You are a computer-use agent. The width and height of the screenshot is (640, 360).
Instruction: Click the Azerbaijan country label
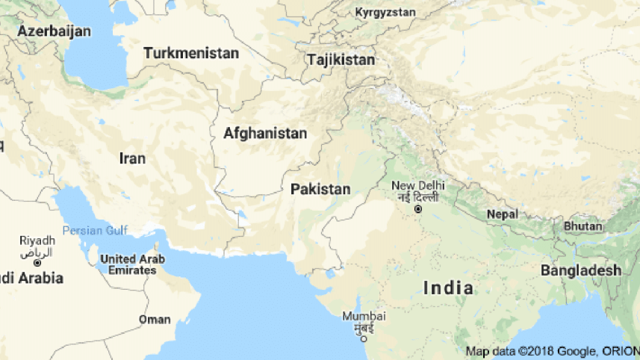click(55, 31)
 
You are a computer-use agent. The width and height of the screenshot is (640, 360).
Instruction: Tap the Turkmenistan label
click(191, 54)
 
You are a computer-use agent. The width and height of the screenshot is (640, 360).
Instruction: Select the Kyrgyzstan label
click(385, 13)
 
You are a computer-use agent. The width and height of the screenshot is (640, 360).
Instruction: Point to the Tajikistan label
click(341, 59)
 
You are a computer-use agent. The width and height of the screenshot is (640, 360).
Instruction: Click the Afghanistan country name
click(265, 134)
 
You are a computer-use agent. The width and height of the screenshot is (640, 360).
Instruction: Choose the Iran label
click(132, 158)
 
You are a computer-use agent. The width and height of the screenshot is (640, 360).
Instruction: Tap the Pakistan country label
click(320, 189)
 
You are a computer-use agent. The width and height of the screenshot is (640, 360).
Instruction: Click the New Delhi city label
click(418, 185)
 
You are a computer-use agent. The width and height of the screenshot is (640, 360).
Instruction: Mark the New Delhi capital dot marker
click(418, 209)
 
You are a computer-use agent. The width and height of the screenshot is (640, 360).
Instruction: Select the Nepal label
click(502, 214)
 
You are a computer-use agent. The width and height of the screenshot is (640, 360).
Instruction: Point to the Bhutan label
click(582, 226)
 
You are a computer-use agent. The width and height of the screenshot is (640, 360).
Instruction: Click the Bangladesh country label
click(581, 270)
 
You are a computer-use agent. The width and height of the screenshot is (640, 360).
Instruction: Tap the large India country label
click(447, 288)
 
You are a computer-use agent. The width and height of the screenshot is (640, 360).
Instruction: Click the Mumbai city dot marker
click(364, 338)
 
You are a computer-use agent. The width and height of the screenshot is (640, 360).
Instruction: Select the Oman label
click(155, 320)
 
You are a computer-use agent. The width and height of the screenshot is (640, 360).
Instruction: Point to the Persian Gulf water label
click(96, 230)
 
